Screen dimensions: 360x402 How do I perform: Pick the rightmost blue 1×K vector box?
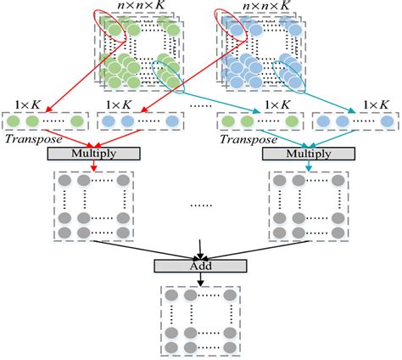[x=349, y=121]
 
